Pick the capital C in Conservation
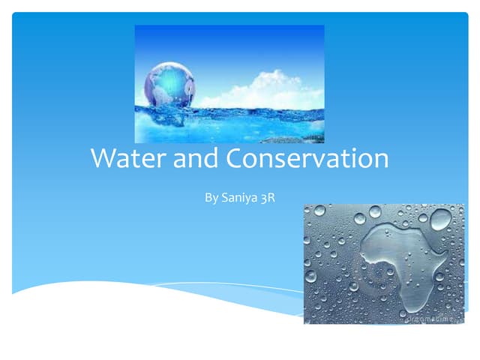(235, 160)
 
